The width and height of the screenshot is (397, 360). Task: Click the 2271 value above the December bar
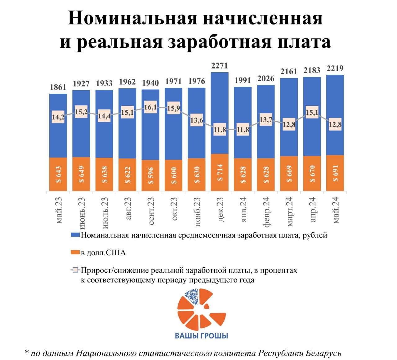pyautogui.click(x=219, y=66)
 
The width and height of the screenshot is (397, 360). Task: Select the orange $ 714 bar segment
pyautogui.click(x=220, y=172)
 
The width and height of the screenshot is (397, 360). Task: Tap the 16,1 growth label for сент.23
pyautogui.click(x=150, y=107)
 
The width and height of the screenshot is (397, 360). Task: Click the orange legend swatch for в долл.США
pyautogui.click(x=75, y=253)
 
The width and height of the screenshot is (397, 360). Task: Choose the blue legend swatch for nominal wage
pyautogui.click(x=75, y=235)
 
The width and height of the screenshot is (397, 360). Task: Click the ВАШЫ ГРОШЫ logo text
pyautogui.click(x=202, y=336)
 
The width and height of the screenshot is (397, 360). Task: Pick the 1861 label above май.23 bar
pyautogui.click(x=58, y=87)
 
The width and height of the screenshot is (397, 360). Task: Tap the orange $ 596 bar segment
pyautogui.click(x=150, y=176)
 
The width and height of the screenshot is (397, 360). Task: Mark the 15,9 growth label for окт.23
pyautogui.click(x=173, y=108)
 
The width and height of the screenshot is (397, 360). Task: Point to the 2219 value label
pyautogui.click(x=335, y=68)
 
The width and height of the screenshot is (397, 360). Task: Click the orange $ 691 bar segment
pyautogui.click(x=335, y=173)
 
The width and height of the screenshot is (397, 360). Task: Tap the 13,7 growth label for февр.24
pyautogui.click(x=266, y=120)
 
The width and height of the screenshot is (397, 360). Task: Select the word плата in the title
pyautogui.click(x=304, y=42)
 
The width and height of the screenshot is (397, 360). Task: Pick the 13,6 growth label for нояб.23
pyautogui.click(x=197, y=120)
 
